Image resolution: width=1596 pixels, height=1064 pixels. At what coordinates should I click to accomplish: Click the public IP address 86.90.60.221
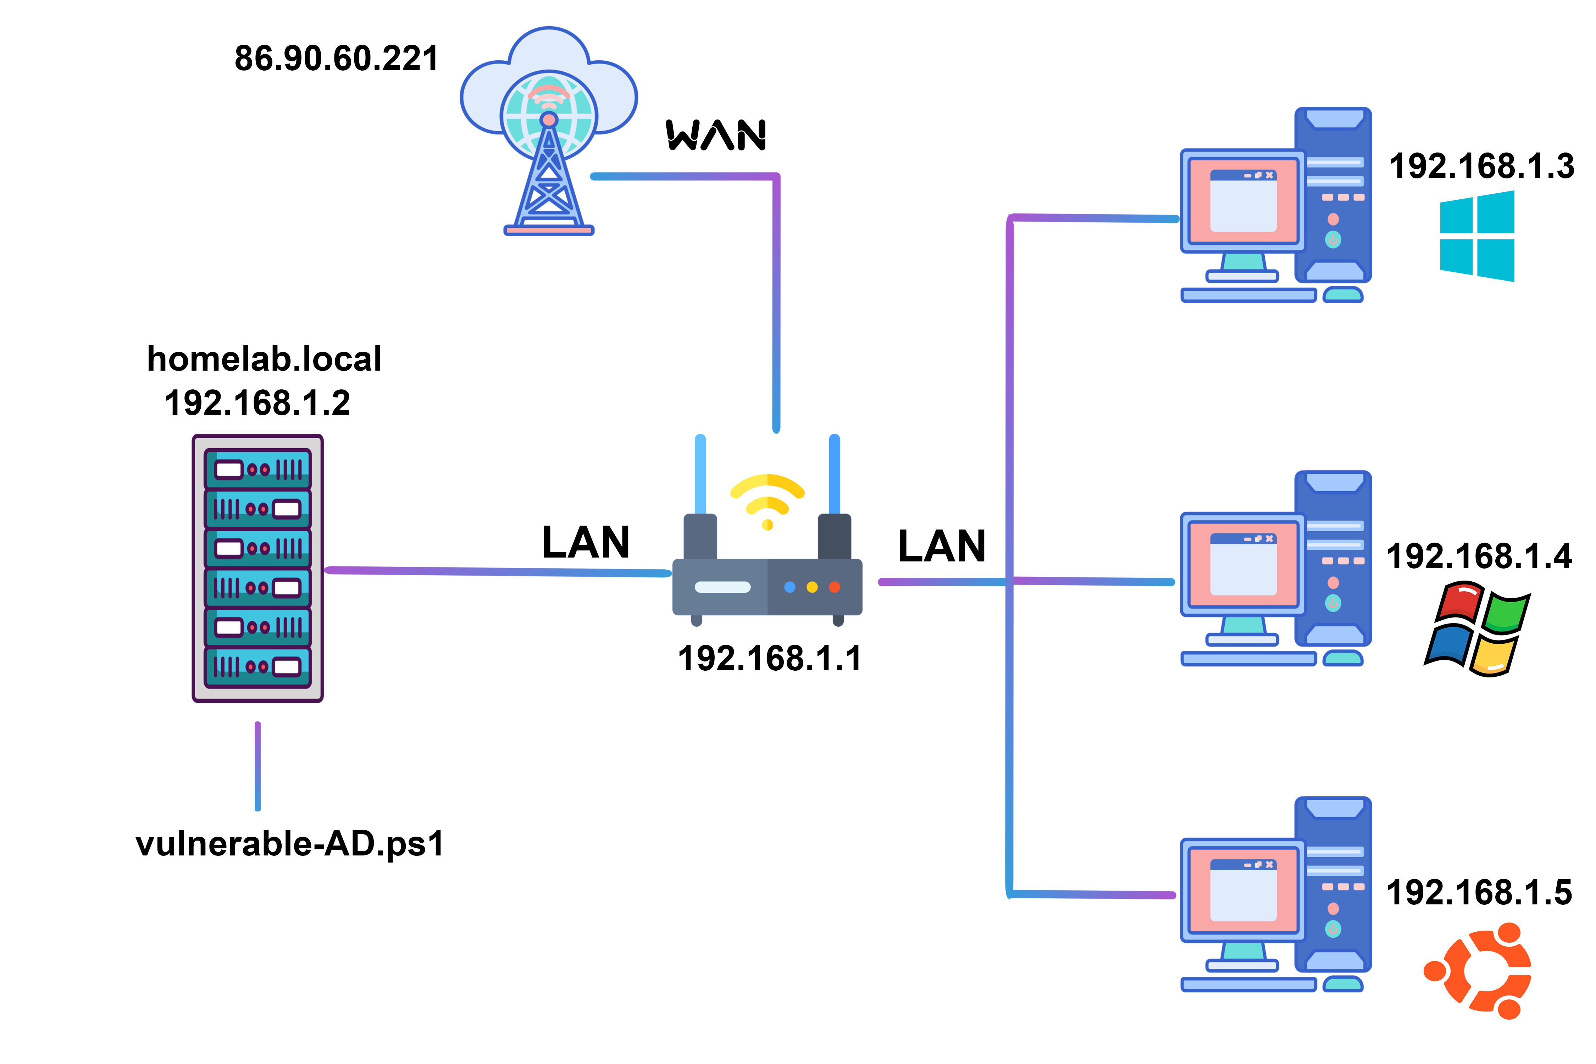pyautogui.click(x=337, y=59)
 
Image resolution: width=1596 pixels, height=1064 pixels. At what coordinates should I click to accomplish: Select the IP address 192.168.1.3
pyautogui.click(x=1481, y=166)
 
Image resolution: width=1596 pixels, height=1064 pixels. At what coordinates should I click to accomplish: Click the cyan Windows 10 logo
pyautogui.click(x=1476, y=236)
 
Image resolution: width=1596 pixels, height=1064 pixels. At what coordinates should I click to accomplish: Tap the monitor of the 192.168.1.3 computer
pyautogui.click(x=1242, y=201)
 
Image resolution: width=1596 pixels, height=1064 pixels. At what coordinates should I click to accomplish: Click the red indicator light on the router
pyautogui.click(x=834, y=587)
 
